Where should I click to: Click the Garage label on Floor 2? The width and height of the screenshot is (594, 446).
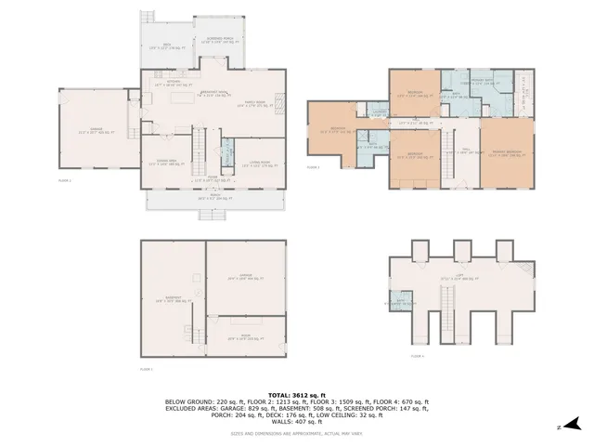tap(91, 131)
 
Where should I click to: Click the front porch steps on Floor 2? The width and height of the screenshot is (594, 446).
tap(213, 214)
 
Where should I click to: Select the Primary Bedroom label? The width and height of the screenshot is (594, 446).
tap(507, 153)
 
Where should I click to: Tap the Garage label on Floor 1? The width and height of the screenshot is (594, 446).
tap(246, 276)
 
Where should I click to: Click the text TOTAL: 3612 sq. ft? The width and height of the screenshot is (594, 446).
tap(297, 395)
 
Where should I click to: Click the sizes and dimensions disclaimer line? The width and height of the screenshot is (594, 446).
tap(297, 433)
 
